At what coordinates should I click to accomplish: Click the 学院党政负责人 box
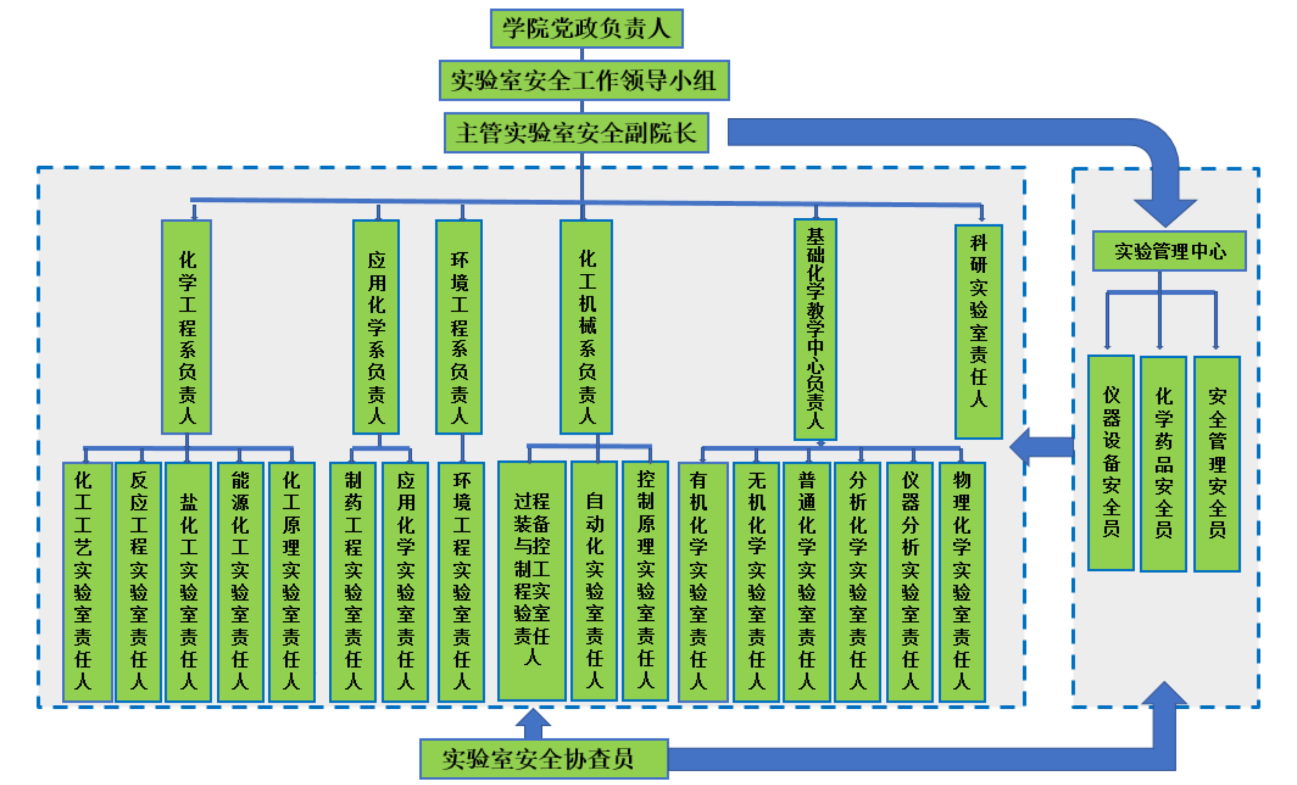[586, 28]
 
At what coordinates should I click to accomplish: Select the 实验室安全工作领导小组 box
[584, 80]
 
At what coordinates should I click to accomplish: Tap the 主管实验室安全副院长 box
[576, 133]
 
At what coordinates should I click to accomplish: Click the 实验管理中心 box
[1169, 251]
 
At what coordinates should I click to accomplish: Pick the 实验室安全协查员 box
[544, 758]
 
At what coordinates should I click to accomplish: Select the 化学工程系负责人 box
[187, 326]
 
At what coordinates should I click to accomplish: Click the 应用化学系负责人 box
[376, 326]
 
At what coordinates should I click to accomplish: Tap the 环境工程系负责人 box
[459, 326]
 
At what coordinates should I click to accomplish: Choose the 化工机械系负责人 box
[586, 326]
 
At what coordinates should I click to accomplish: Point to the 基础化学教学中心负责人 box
[815, 329]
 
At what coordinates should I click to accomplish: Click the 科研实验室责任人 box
[978, 332]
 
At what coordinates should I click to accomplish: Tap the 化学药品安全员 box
[1163, 463]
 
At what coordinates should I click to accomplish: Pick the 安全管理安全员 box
[1217, 463]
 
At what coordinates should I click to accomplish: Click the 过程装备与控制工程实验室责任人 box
[531, 581]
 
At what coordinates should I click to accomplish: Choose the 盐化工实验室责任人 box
[188, 582]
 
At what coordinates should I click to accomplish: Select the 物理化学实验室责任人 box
[962, 582]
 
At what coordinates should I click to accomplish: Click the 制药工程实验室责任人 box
[353, 582]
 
